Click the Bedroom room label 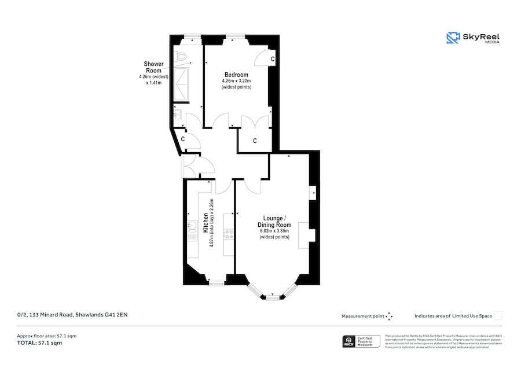[x=236, y=75]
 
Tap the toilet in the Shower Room [x=183, y=57]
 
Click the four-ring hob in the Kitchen [x=229, y=234]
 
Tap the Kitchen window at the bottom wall [x=216, y=283]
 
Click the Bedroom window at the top [x=234, y=36]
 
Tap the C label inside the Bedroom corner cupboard [x=273, y=59]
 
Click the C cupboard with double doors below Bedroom [x=255, y=141]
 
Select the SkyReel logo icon [x=453, y=38]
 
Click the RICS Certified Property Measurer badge [x=361, y=341]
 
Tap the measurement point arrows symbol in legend [x=389, y=316]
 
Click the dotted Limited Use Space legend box [x=498, y=315]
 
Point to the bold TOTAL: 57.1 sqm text [x=39, y=343]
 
